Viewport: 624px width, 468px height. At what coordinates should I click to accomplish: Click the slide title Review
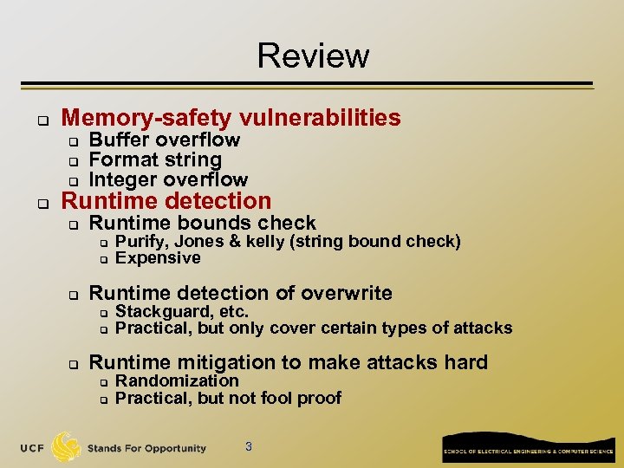[313, 55]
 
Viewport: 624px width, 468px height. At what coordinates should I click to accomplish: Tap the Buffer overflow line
[165, 140]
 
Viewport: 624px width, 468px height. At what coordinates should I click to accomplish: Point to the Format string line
[155, 160]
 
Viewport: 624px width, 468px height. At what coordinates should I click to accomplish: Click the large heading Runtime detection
[166, 201]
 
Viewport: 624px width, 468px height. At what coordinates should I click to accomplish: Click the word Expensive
[158, 258]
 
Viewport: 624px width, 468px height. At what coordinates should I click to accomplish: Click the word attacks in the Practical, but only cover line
[485, 328]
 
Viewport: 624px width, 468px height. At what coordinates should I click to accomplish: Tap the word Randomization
[177, 381]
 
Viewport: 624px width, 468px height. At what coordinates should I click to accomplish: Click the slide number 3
[249, 447]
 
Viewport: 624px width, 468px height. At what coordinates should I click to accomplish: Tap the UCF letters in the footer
[32, 448]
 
